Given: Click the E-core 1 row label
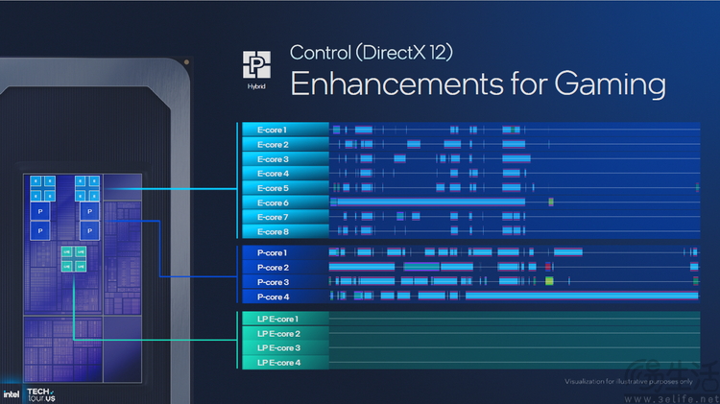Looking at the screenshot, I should pos(272,129).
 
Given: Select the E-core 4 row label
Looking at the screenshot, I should pos(272,173).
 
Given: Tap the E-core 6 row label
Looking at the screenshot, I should pos(272,202).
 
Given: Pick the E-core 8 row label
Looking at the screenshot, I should pos(272,231).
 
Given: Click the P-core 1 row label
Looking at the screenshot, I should pos(273,252).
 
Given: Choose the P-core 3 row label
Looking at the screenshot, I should pos(273,282).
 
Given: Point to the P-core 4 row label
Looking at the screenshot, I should pos(273,297).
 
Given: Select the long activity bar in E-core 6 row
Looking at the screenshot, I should pos(427,202).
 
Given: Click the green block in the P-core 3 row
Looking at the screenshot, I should pos(549,281).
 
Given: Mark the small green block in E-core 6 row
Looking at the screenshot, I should pos(551,202).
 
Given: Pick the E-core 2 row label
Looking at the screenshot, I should pos(272,144).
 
